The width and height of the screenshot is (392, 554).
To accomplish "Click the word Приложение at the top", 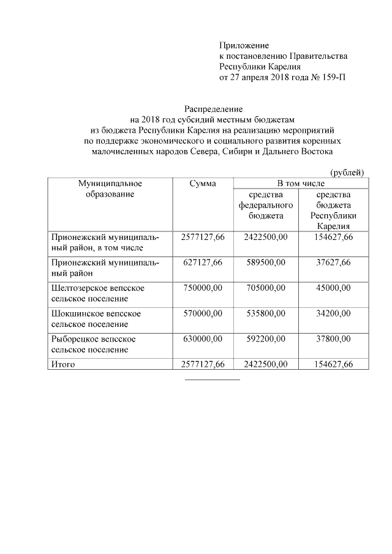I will click(x=244, y=45).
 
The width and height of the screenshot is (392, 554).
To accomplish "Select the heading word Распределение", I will click(x=211, y=108).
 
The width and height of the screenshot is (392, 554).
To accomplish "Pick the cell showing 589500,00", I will click(x=265, y=262).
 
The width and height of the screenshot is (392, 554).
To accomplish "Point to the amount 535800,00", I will click(x=265, y=313).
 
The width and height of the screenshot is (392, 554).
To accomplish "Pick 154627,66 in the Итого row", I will click(x=331, y=364).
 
